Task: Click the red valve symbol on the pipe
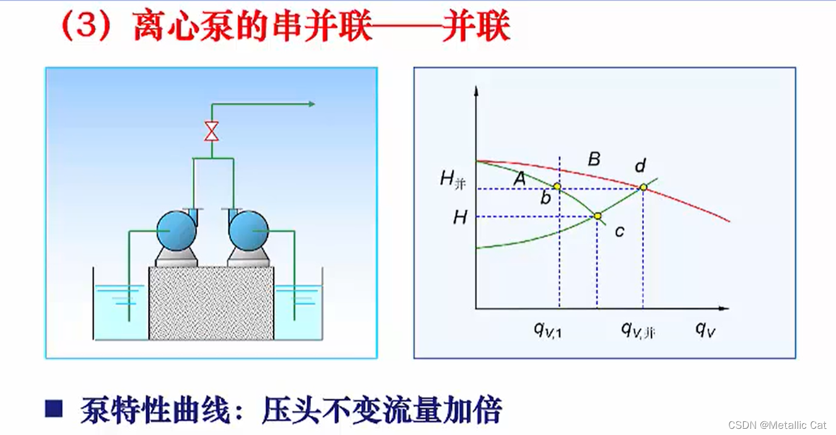point(212,131)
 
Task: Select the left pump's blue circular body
point(176,231)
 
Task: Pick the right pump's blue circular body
point(248,231)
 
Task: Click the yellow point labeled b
point(557,187)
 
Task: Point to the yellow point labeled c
point(598,216)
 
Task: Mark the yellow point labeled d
point(643,187)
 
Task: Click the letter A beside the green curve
point(520,178)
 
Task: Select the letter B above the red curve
point(594,160)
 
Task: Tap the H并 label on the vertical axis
point(453,180)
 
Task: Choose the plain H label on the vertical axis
point(459,217)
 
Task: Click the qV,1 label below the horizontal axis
point(548,330)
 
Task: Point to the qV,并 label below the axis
point(638,330)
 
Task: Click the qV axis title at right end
point(705,329)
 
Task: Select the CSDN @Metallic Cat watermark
point(777,425)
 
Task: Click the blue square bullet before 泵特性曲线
point(54,408)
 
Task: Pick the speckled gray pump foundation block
point(211,303)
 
